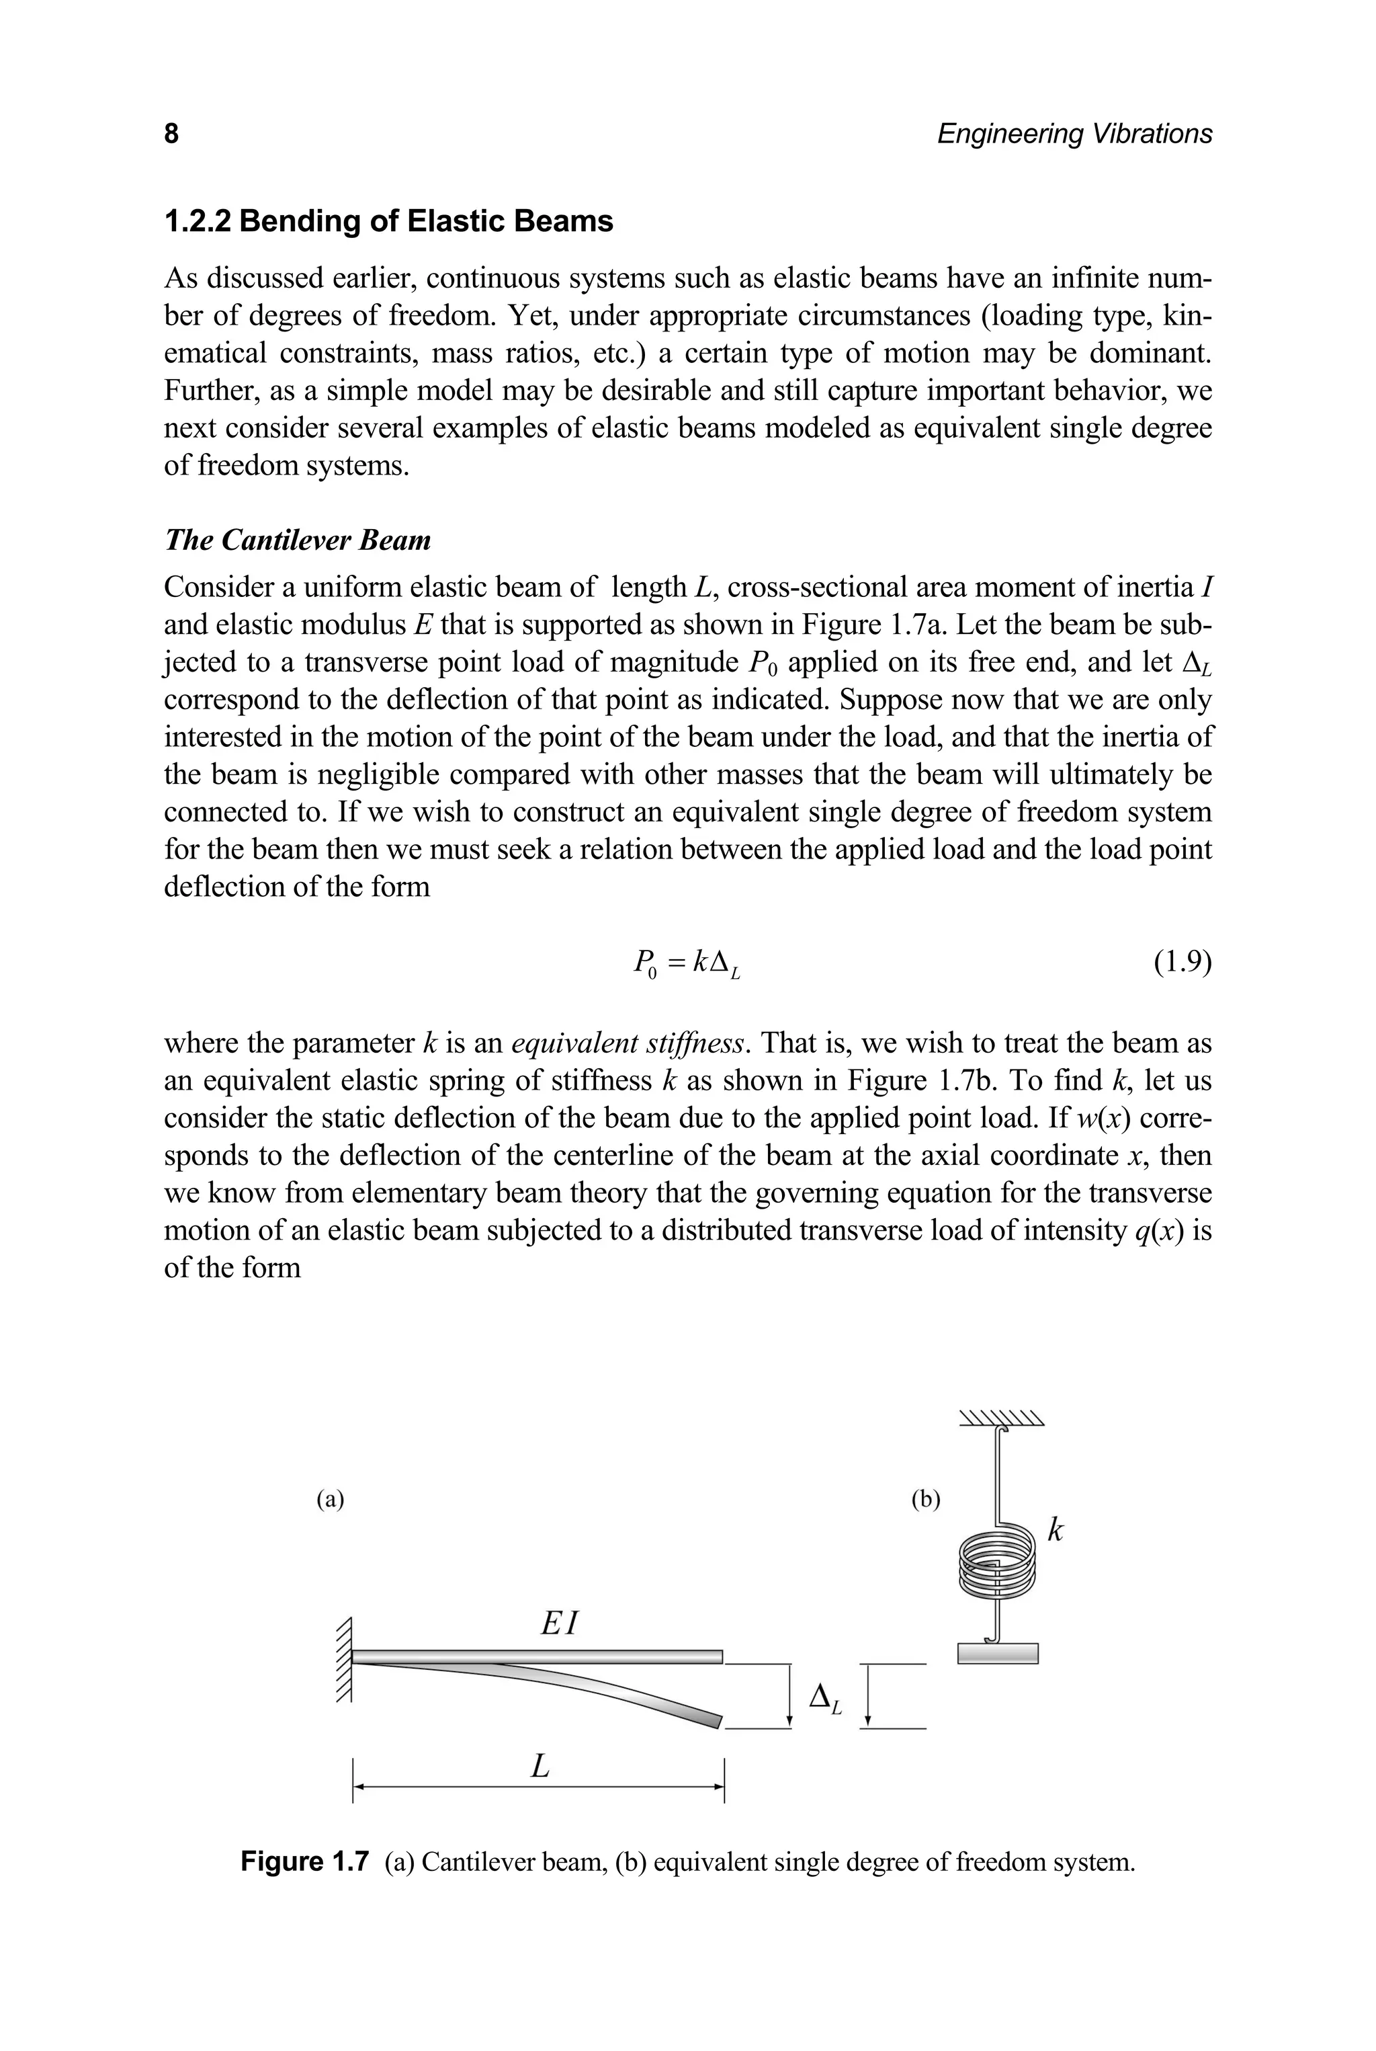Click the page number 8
tap(171, 134)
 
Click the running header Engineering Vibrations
tap(1074, 134)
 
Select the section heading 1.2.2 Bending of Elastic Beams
tap(389, 220)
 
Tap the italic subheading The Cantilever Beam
tap(298, 539)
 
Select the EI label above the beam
tap(559, 1623)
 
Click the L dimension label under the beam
tap(541, 1766)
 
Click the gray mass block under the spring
tap(998, 1653)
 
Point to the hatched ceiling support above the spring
tap(1000, 1418)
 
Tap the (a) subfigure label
tap(330, 1500)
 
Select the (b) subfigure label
tap(925, 1500)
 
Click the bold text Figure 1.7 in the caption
tap(304, 1861)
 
